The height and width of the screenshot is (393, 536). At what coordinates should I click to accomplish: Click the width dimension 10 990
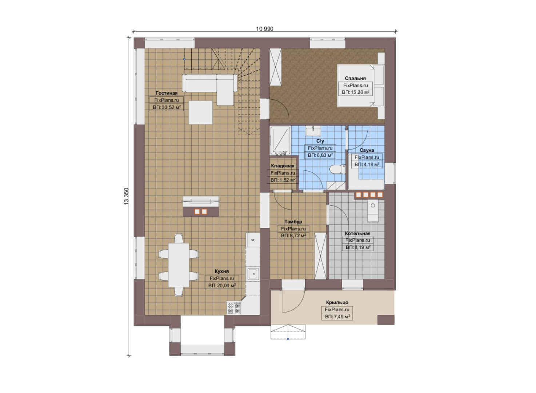(264, 29)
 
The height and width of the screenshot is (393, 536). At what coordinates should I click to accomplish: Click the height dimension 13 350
(126, 196)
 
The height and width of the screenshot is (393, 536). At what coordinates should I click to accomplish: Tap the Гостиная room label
(167, 93)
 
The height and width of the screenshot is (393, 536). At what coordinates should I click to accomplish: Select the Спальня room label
(355, 78)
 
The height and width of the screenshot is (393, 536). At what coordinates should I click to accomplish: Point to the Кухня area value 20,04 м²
(222, 285)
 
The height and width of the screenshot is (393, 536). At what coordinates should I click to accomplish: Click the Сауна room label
(367, 150)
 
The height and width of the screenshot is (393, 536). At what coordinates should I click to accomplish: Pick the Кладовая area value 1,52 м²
(283, 180)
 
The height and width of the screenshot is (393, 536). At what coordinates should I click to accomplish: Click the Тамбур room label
(293, 222)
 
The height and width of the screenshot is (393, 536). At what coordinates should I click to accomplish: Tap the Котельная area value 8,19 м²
(358, 247)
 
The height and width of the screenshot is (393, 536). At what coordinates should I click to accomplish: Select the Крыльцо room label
(337, 302)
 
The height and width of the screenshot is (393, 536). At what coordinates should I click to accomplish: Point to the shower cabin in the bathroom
(280, 140)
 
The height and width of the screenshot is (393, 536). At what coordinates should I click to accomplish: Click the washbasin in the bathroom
(313, 131)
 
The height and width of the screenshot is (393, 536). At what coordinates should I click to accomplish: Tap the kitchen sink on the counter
(253, 274)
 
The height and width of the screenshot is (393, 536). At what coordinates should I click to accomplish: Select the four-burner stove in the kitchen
(234, 308)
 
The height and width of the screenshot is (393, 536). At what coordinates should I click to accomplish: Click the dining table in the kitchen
(179, 265)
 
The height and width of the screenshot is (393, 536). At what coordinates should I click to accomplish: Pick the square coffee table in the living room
(201, 112)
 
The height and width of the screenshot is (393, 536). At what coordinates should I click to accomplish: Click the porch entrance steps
(288, 332)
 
